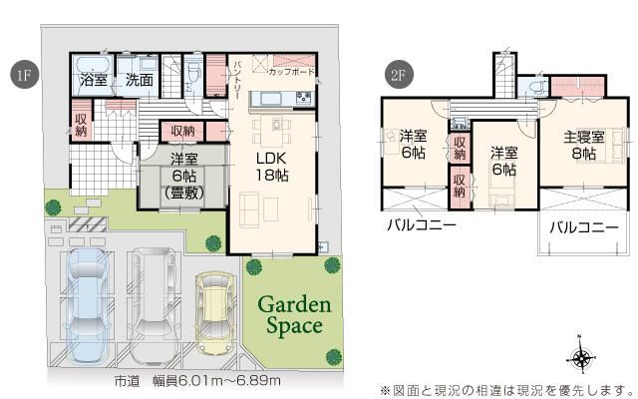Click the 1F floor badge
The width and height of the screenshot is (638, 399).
tap(21, 75)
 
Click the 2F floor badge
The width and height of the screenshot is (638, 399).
tap(397, 75)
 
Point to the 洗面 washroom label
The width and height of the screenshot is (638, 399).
tap(139, 80)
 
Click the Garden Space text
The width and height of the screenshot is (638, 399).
tap(290, 314)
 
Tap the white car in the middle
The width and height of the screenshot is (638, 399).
tap(154, 296)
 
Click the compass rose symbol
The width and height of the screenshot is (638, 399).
tap(582, 357)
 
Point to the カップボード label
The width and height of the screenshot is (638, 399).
tap(292, 73)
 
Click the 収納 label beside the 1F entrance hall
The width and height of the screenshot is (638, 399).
tap(82, 124)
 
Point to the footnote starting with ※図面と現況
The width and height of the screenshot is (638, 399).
tap(506, 389)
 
